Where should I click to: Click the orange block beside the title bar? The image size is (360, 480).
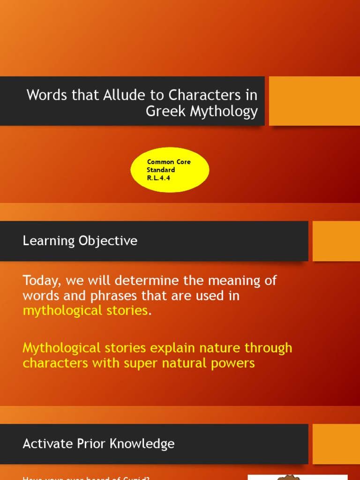(x=314, y=101)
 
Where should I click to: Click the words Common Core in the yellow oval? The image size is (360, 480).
(x=169, y=162)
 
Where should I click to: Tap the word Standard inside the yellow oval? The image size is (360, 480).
(x=161, y=170)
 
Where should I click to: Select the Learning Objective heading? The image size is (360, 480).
(x=80, y=241)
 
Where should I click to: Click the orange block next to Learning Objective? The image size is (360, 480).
(x=336, y=241)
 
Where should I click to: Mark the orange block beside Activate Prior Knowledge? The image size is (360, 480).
(x=336, y=444)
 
